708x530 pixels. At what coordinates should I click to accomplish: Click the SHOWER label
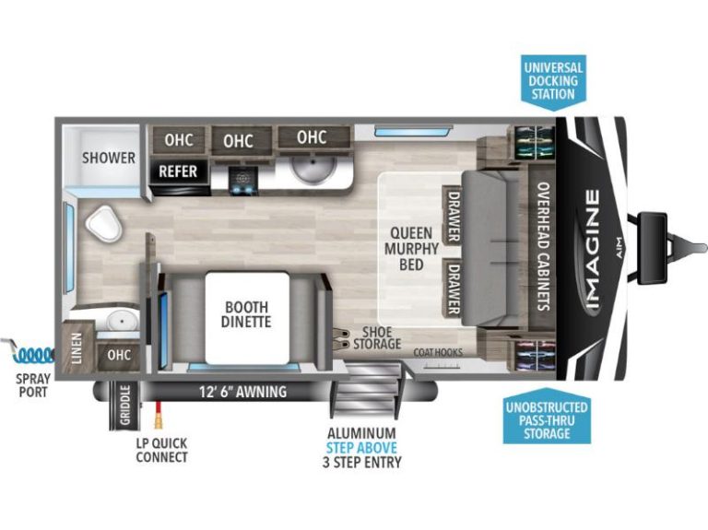[x=109, y=158]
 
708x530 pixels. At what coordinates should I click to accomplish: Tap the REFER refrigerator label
[x=178, y=171]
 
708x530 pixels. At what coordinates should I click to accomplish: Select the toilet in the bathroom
[x=104, y=223]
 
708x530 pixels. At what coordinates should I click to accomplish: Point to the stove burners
[x=243, y=181]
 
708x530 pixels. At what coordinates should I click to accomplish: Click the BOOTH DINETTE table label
[x=246, y=314]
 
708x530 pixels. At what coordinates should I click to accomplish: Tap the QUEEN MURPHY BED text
[x=411, y=248]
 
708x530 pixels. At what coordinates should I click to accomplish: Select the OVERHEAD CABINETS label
[x=543, y=246]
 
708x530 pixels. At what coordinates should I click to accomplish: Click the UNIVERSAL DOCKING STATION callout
[x=553, y=81]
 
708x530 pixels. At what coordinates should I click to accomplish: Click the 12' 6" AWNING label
[x=243, y=392]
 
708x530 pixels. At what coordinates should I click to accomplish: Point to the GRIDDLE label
[x=125, y=405]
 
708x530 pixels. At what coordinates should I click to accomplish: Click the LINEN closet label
[x=77, y=348]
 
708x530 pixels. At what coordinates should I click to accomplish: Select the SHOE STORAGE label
[x=377, y=337]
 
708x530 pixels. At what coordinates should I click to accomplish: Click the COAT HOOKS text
[x=438, y=352]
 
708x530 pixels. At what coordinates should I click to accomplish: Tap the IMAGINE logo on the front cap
[x=592, y=249]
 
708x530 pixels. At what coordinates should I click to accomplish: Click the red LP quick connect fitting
[x=159, y=415]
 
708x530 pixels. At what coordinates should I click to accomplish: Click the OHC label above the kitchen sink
[x=312, y=136]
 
